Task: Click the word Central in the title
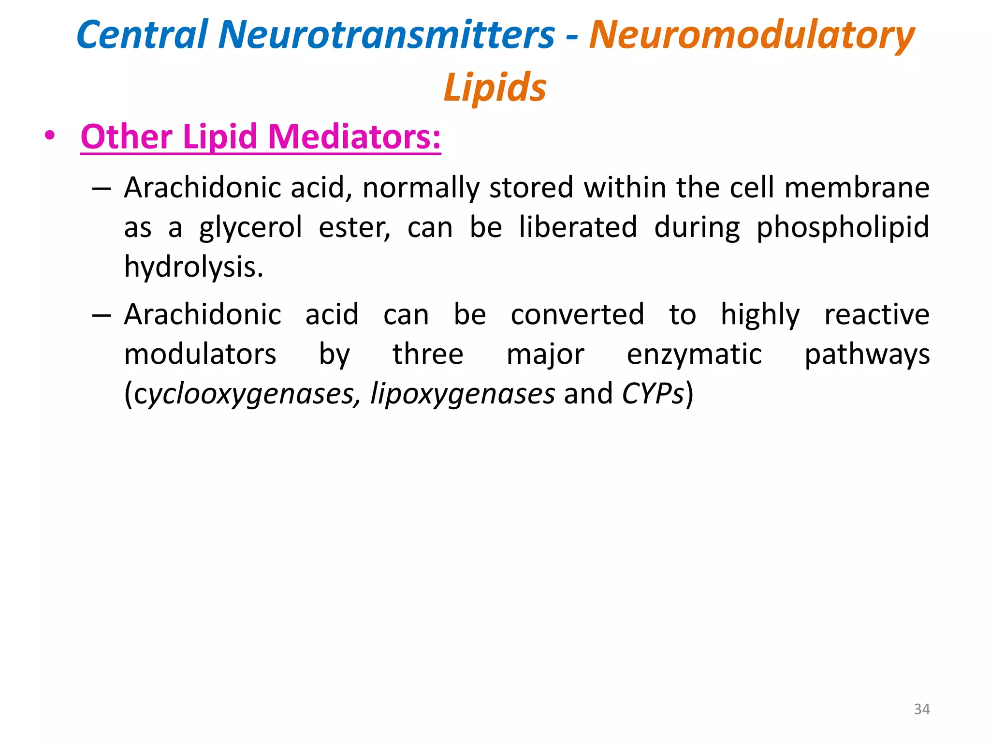[x=142, y=35]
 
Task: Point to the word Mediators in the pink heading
[x=354, y=137]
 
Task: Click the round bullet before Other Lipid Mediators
[x=49, y=135]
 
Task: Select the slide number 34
[x=921, y=709]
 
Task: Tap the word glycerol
[x=250, y=227]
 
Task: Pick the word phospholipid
[x=843, y=227]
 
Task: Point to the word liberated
[x=578, y=227]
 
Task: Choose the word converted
[x=577, y=314]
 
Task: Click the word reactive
[x=876, y=314]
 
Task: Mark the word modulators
[x=200, y=354]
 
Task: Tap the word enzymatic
[x=694, y=354]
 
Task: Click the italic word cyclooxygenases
[x=245, y=394]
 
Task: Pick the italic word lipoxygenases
[x=462, y=394]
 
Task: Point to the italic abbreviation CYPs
[x=653, y=394]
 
